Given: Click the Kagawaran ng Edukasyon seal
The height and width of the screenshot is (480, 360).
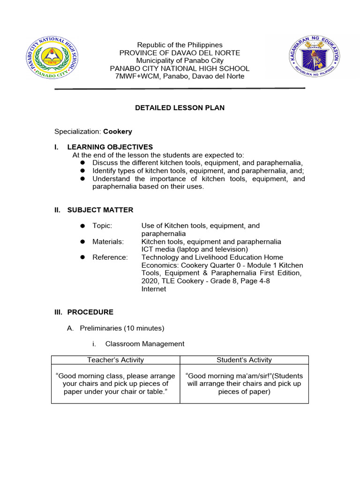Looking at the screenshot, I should [x=314, y=59].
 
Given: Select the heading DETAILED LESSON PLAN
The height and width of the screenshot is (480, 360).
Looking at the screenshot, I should [x=180, y=108].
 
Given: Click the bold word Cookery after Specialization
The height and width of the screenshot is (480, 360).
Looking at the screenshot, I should [x=118, y=132].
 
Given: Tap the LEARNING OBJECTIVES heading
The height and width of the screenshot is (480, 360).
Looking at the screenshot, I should [x=110, y=147].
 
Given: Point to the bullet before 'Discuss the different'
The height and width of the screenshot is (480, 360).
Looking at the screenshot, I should [x=82, y=163].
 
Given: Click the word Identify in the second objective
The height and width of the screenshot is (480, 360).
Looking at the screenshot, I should [x=105, y=171].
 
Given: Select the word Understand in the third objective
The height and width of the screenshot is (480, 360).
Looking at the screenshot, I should [x=111, y=179].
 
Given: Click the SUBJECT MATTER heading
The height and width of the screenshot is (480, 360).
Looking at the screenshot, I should [x=100, y=210].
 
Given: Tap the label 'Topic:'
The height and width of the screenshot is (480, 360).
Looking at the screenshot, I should [x=102, y=226].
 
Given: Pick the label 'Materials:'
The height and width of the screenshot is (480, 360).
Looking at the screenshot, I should [x=108, y=242].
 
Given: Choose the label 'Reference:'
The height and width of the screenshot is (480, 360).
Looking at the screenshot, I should [x=110, y=257].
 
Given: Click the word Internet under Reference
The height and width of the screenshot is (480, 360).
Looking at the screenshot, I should [x=154, y=289].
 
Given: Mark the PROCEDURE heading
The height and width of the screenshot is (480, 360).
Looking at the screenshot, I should [x=90, y=312].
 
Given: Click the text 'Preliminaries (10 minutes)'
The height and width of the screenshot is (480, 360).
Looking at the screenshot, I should [x=122, y=328].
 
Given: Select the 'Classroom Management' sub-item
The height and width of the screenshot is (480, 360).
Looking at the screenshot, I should [x=145, y=344].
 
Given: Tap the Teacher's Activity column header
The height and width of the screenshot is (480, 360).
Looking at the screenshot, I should [x=115, y=360].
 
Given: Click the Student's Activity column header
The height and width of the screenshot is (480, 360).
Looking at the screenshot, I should [x=244, y=360].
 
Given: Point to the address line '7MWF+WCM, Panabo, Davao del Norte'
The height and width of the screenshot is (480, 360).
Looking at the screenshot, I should [x=180, y=76].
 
